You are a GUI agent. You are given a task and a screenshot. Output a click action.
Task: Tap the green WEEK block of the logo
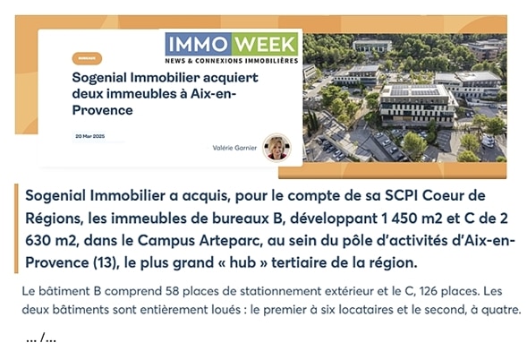coord(265,44)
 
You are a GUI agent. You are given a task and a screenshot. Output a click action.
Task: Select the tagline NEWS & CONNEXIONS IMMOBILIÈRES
coord(232,61)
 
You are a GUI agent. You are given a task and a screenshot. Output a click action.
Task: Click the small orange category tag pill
coord(87,58)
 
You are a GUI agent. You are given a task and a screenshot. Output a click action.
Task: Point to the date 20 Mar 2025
coord(90,136)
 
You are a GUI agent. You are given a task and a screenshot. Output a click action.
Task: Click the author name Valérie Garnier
coord(234,148)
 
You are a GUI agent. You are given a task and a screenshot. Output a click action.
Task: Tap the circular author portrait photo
coord(277,148)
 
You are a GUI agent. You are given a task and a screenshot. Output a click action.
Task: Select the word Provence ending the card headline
coord(103,110)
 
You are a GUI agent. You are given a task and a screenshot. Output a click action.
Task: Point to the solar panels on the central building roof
coord(415,90)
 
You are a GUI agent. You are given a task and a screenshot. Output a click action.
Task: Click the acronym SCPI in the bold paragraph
coord(401,195)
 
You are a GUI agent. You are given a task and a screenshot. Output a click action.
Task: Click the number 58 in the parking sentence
coord(172,291)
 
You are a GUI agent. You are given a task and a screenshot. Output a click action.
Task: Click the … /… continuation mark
coord(41,338)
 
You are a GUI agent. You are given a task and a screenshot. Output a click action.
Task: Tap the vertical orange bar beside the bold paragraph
coord(16,228)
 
